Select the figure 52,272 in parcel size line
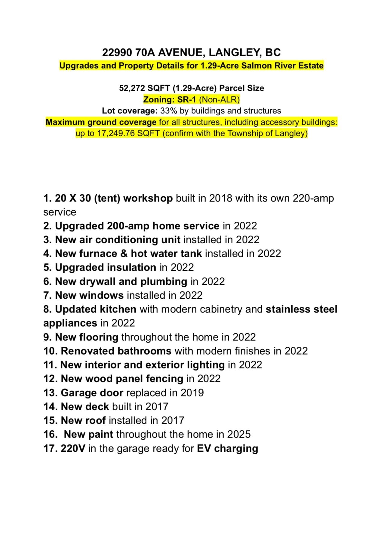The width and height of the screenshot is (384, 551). tap(132, 88)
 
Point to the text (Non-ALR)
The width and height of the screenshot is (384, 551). tap(219, 99)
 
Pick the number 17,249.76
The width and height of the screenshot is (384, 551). tap(116, 133)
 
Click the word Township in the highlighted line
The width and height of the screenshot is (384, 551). tap(245, 133)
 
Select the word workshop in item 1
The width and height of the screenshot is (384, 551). tap(148, 199)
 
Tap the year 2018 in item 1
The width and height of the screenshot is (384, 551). tap(221, 199)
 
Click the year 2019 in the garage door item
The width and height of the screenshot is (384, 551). tap(192, 393)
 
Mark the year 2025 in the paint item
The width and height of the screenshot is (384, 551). tap(239, 434)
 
